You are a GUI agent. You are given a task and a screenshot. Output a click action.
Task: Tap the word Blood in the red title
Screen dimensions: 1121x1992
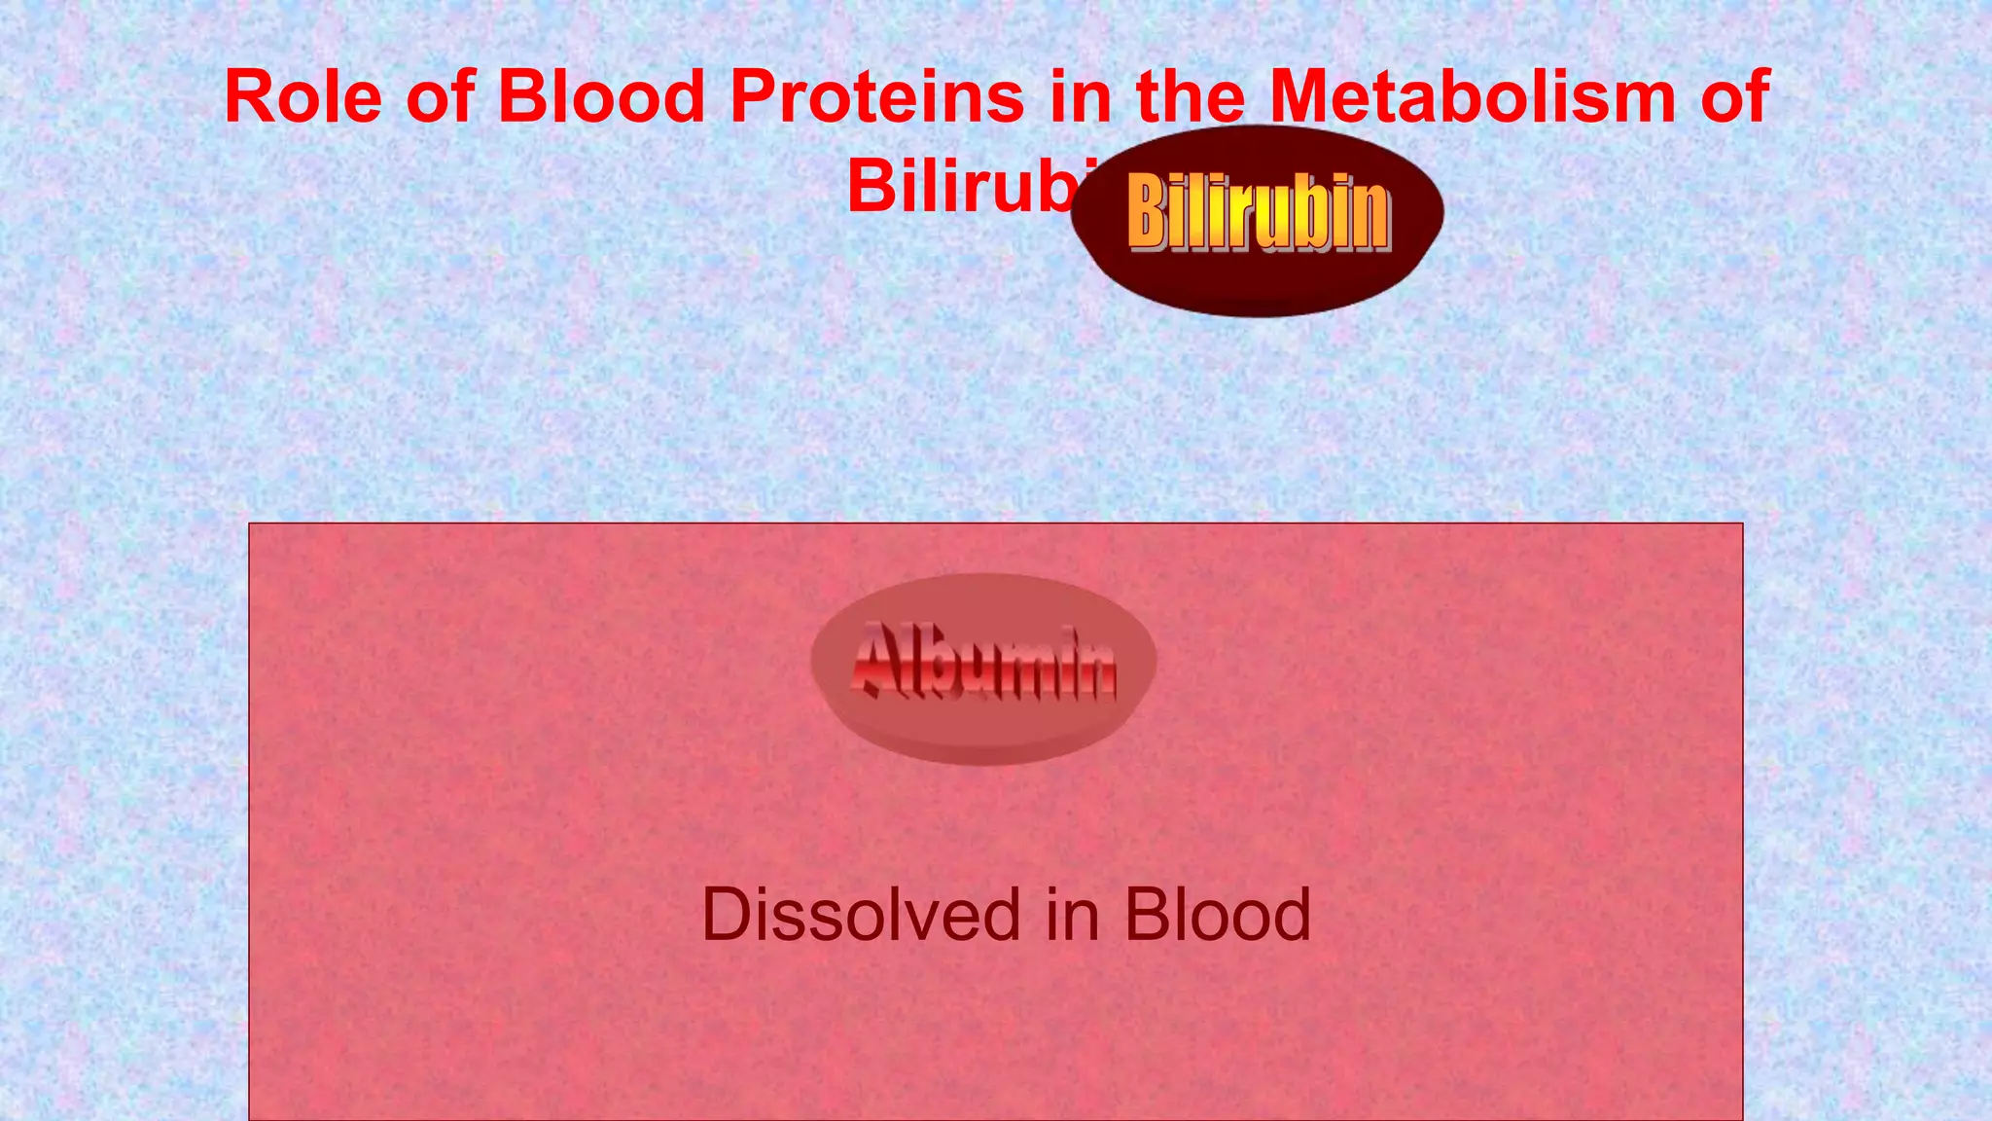pyautogui.click(x=601, y=97)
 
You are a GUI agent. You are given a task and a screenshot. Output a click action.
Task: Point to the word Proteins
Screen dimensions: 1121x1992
pyautogui.click(x=877, y=97)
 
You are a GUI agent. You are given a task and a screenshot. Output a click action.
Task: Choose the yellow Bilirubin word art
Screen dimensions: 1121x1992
pyautogui.click(x=1259, y=212)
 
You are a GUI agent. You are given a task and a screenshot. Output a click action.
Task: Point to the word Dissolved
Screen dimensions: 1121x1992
pyautogui.click(x=862, y=915)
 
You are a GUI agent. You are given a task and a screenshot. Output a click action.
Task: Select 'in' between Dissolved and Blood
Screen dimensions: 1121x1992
pyautogui.click(x=1073, y=915)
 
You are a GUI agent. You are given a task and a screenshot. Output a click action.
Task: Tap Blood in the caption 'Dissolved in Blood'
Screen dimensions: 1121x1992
pyautogui.click(x=1218, y=915)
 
